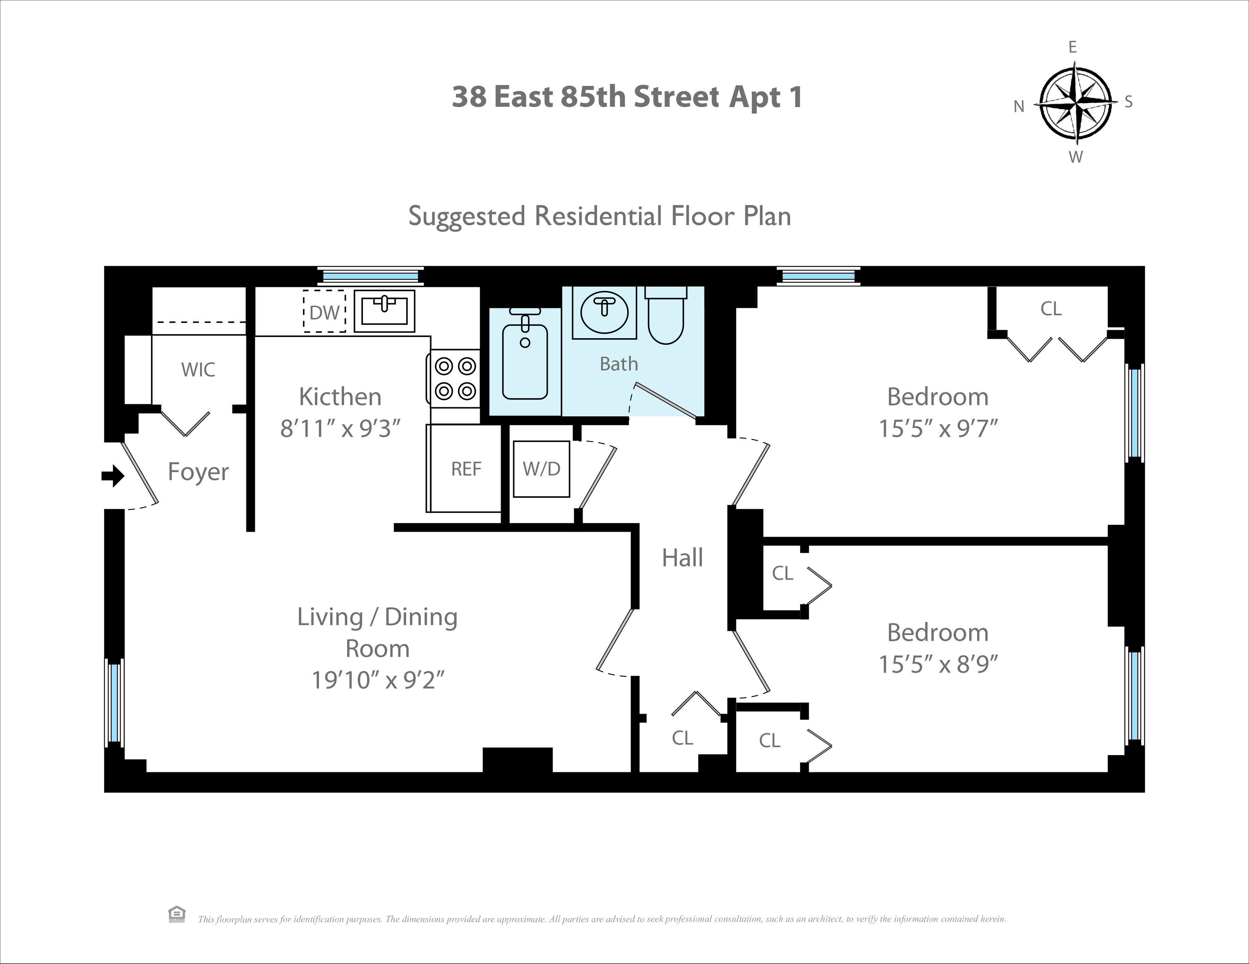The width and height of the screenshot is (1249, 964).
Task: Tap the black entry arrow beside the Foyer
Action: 113,475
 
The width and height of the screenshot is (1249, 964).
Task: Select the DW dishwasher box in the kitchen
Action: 324,311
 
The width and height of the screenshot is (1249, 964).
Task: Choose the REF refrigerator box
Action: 466,469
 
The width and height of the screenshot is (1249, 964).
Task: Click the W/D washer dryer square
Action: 541,469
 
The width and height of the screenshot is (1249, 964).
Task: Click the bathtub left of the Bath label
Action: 525,361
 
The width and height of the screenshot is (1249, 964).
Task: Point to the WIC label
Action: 198,370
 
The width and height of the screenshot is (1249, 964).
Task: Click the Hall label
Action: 682,558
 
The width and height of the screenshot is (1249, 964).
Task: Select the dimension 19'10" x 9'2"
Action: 377,680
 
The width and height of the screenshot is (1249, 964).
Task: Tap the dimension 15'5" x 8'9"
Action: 938,664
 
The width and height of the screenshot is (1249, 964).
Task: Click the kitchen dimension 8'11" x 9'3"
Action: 340,428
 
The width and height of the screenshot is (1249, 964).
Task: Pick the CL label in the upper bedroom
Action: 1051,309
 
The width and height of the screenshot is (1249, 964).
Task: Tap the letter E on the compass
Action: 1072,47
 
